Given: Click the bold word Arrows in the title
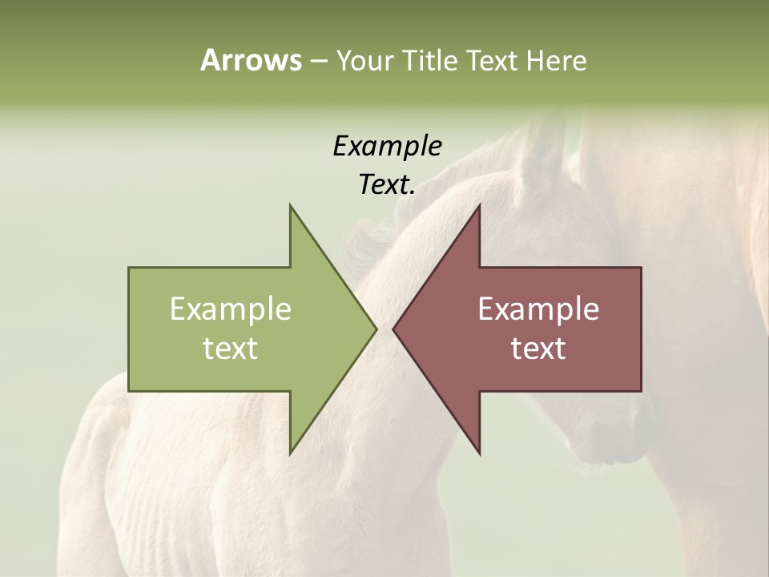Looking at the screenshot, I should pyautogui.click(x=251, y=60).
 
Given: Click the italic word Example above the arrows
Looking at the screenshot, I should pyautogui.click(x=388, y=147).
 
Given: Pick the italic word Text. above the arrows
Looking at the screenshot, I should pyautogui.click(x=388, y=185).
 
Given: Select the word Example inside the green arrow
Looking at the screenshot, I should pyautogui.click(x=231, y=309).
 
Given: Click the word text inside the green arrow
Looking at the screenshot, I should pyautogui.click(x=231, y=349).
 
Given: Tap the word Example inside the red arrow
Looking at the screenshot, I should pyautogui.click(x=538, y=309).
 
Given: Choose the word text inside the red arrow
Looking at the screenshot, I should pyautogui.click(x=538, y=349).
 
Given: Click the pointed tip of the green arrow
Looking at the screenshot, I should pyautogui.click(x=375, y=329).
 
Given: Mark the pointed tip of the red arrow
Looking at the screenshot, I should pyautogui.click(x=394, y=329).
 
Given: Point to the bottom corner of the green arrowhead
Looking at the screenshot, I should pyautogui.click(x=291, y=452).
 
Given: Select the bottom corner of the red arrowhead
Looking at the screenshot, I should pyautogui.click(x=479, y=452).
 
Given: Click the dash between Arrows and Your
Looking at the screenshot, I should pyautogui.click(x=318, y=61).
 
